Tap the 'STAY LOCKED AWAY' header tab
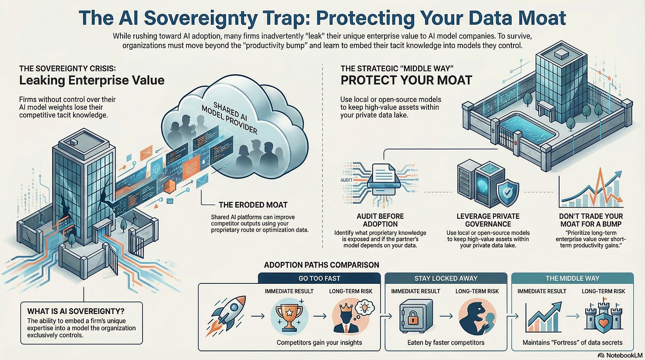[x=446, y=278]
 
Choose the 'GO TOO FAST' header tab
[x=319, y=278]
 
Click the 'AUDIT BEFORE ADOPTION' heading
[x=380, y=221]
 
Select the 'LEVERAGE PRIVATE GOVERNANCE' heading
[x=488, y=221]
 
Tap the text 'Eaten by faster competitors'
[x=446, y=342]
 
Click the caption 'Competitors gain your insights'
[x=319, y=342]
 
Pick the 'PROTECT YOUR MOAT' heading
[x=406, y=81]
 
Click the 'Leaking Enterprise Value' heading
[x=92, y=80]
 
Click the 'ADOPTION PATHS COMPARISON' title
[x=321, y=265]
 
